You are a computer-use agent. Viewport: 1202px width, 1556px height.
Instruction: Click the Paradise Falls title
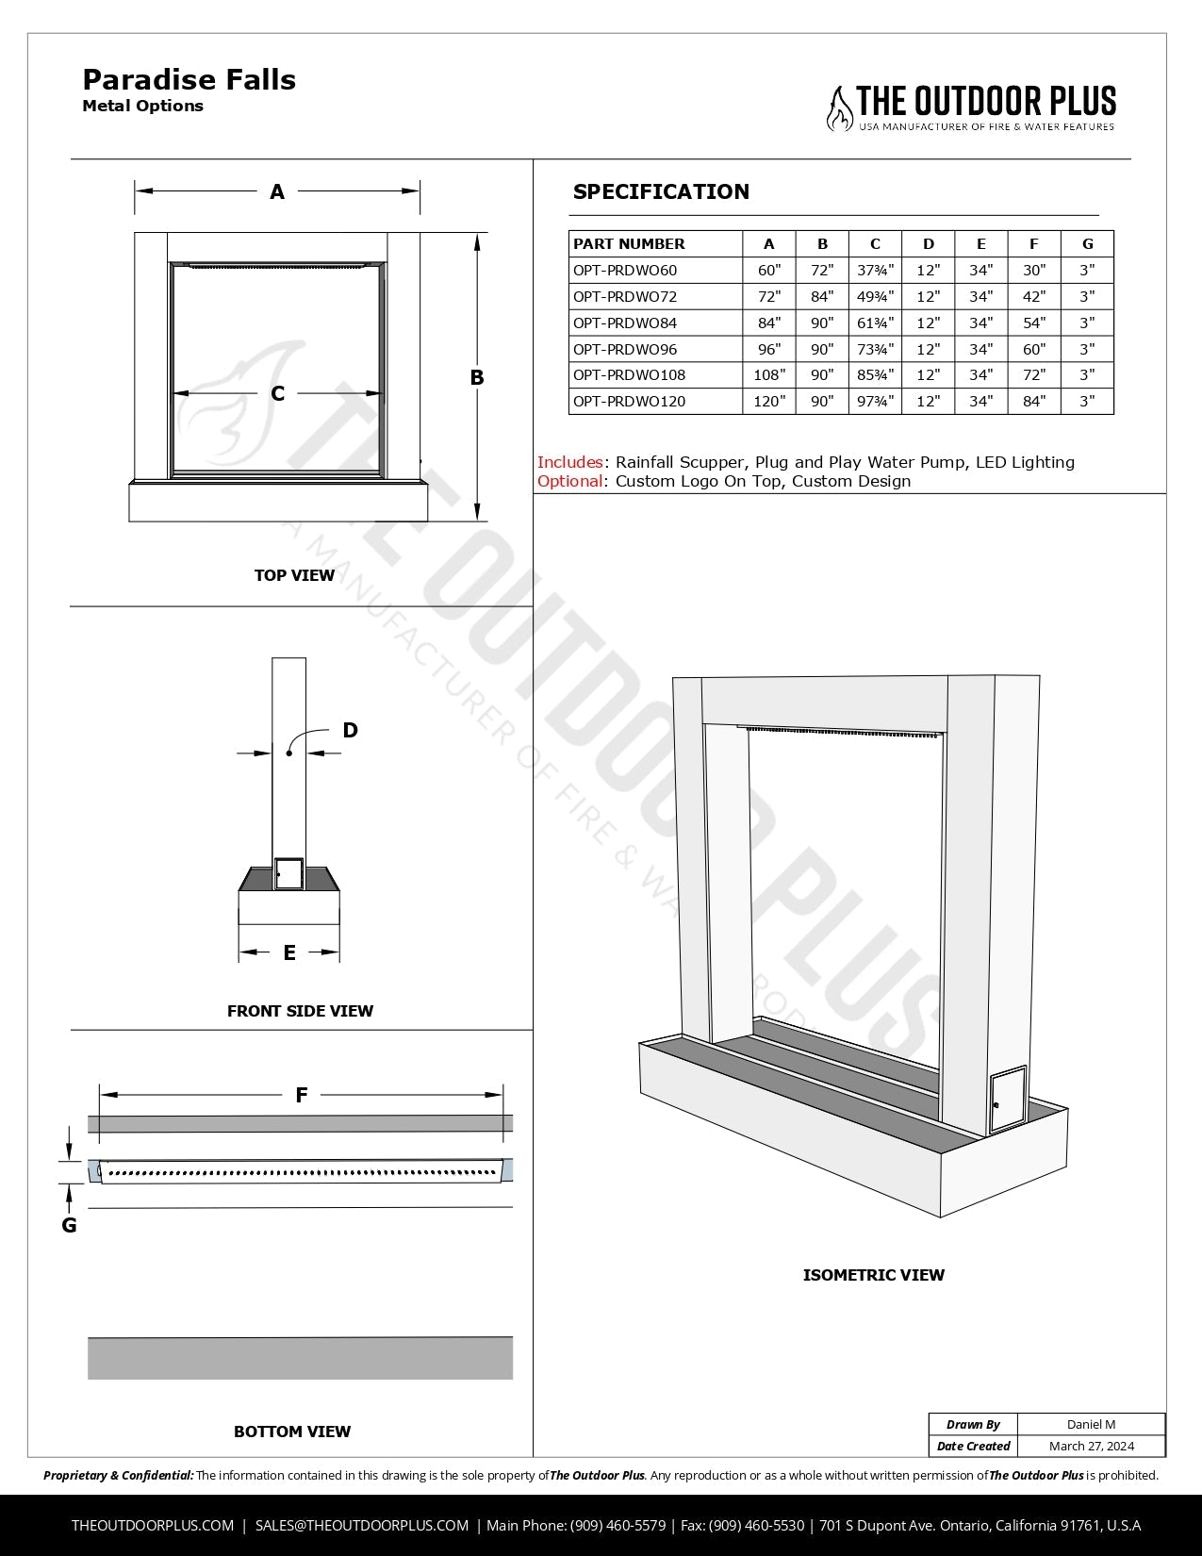(189, 80)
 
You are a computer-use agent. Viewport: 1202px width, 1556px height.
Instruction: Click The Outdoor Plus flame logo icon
(839, 108)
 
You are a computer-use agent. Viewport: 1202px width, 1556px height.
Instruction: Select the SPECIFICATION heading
(661, 191)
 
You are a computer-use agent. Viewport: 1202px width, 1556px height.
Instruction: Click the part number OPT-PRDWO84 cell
(625, 323)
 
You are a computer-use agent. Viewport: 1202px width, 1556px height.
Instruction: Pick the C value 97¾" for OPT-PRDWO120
(875, 402)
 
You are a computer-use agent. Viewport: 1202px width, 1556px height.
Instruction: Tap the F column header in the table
(1034, 243)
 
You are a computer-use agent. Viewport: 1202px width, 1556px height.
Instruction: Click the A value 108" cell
(769, 375)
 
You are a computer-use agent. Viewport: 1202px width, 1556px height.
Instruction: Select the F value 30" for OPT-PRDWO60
(1034, 271)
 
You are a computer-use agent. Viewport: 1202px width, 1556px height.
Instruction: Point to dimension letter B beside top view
(477, 377)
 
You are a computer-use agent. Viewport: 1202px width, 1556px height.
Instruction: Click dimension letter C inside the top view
(277, 393)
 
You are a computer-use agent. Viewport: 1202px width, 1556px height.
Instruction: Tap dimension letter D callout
(350, 730)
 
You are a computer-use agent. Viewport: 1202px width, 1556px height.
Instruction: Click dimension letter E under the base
(289, 952)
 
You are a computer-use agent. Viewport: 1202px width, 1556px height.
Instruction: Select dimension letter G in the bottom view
(69, 1225)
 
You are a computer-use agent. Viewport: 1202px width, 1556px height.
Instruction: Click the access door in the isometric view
(1008, 1100)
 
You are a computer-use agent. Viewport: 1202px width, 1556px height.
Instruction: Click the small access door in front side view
(288, 874)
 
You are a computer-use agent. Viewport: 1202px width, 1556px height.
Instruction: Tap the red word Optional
(569, 481)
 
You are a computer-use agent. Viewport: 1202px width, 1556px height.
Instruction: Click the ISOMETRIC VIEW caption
(873, 1275)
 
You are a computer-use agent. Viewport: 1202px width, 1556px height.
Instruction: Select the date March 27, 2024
(1091, 1446)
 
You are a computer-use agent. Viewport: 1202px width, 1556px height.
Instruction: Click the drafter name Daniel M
(1091, 1424)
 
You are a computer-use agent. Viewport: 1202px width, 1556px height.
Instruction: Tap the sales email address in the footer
(362, 1525)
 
